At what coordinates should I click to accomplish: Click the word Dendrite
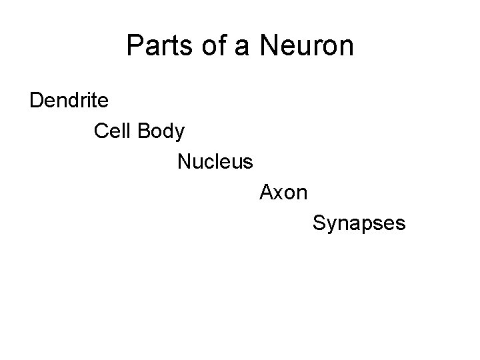(x=70, y=101)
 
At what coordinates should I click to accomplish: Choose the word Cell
(x=113, y=131)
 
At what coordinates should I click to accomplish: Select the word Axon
(x=283, y=193)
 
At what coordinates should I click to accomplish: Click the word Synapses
(x=359, y=224)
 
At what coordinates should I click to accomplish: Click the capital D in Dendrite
(x=36, y=101)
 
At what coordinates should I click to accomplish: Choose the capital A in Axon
(x=266, y=193)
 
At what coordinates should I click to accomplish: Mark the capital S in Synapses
(x=319, y=223)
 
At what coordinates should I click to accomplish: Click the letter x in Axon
(x=279, y=194)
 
